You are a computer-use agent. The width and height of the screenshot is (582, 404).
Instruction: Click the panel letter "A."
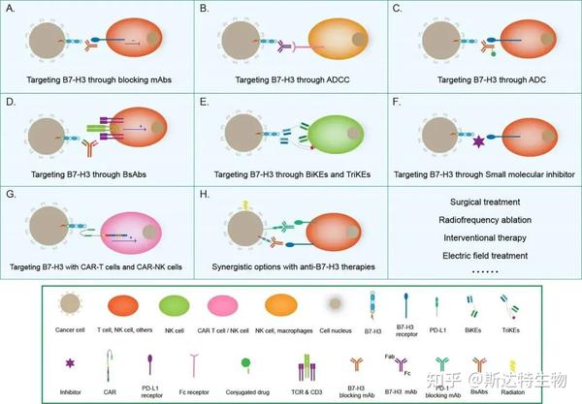[x=11, y=9]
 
